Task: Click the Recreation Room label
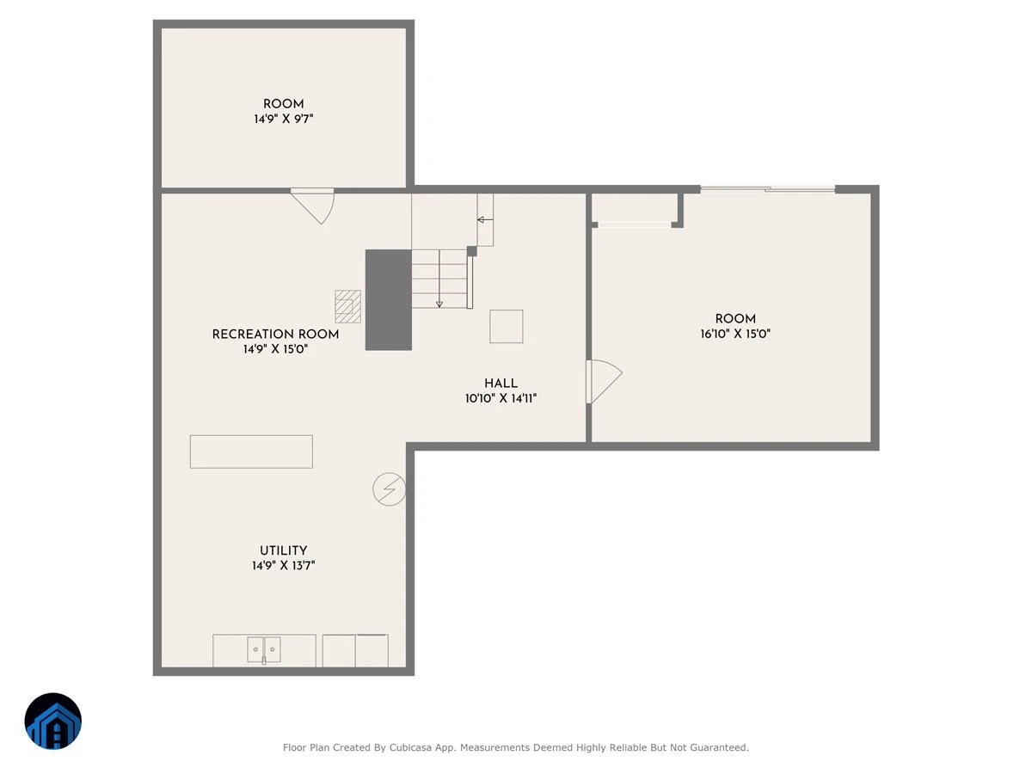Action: [x=275, y=335]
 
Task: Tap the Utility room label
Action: [x=283, y=550]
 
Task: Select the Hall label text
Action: [x=501, y=383]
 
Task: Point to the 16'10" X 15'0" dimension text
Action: [x=735, y=334]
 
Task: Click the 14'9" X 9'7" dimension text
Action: [x=283, y=119]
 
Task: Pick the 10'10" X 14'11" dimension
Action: [x=501, y=398]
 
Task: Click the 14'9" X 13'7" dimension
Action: [x=283, y=565]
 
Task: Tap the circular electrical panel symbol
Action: [x=389, y=488]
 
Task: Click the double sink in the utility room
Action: [x=264, y=649]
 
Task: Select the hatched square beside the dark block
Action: [x=347, y=306]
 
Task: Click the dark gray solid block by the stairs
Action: [x=389, y=300]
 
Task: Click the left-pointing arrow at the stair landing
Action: [x=485, y=219]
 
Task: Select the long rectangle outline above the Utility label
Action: [x=251, y=451]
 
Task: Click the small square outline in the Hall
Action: [x=506, y=326]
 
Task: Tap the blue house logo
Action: [x=53, y=721]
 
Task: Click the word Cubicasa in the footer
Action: [x=410, y=747]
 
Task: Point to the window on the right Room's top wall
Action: [x=768, y=189]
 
